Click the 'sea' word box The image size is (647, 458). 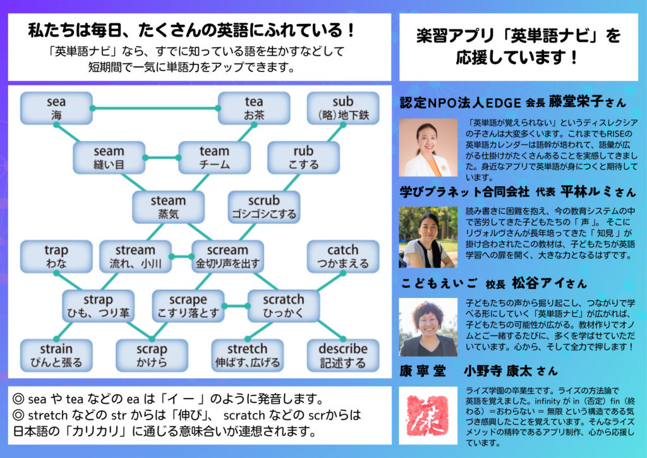56,108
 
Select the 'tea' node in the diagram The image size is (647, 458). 253,108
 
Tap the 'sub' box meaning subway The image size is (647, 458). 343,108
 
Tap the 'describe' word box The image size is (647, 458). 343,356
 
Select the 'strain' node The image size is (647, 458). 56,356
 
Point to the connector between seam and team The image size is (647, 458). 161,158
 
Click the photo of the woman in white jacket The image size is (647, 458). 428,147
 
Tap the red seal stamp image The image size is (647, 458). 428,412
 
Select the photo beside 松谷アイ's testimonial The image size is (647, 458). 428,327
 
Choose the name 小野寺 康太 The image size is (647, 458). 497,370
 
